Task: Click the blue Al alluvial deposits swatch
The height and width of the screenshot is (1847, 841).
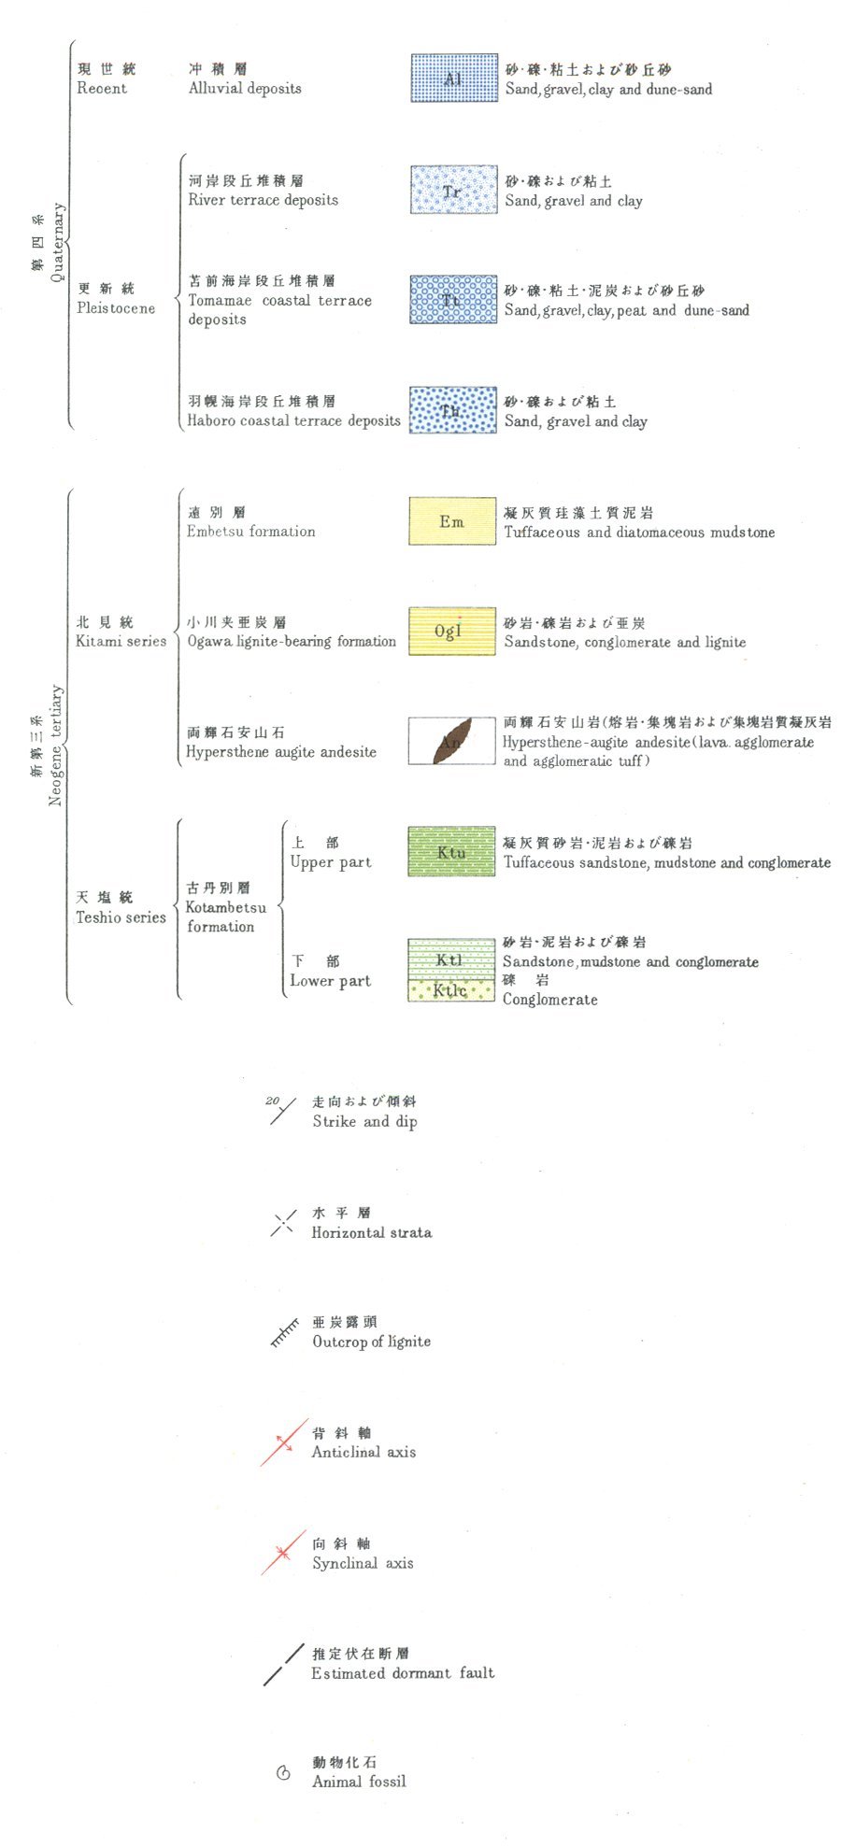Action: tap(453, 78)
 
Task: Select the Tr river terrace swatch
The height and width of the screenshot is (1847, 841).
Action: tap(453, 190)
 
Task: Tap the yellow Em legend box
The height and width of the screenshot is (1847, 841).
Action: tap(452, 521)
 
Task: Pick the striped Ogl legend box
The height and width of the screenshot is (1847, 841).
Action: tap(452, 632)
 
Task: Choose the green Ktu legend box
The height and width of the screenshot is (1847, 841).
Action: tap(452, 851)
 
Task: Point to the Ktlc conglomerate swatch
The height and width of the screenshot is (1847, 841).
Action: tap(452, 990)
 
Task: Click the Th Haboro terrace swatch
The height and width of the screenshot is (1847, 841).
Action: tap(453, 410)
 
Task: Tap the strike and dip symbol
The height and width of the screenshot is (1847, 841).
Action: tap(282, 1112)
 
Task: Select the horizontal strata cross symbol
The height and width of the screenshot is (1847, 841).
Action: tap(282, 1224)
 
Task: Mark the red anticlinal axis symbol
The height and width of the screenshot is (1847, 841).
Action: tap(284, 1442)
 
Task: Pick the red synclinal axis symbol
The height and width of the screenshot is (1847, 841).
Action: tap(283, 1553)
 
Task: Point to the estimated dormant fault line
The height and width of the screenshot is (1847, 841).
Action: tap(284, 1665)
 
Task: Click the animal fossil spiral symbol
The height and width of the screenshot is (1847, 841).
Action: tap(284, 1772)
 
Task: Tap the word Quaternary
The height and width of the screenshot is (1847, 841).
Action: tap(58, 241)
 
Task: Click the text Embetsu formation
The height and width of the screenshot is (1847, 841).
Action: tap(250, 532)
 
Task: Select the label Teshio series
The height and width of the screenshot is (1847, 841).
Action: tap(121, 917)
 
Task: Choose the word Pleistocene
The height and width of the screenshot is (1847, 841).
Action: tap(116, 308)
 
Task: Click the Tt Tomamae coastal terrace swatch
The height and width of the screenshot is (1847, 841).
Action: tap(453, 300)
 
